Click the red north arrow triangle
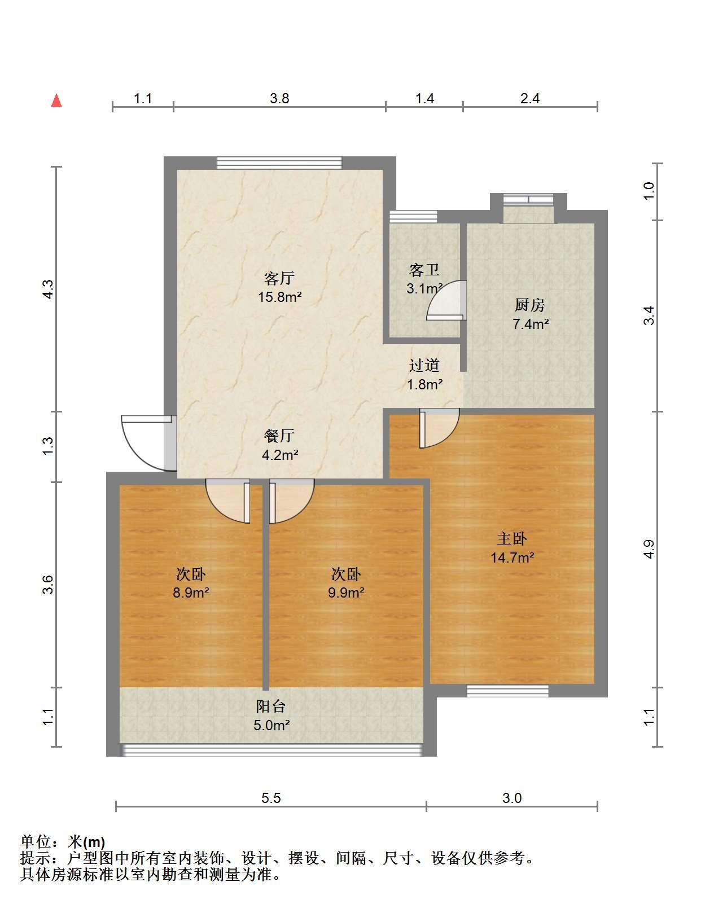pyautogui.click(x=57, y=101)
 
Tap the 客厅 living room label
pyautogui.click(x=279, y=278)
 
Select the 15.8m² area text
pyautogui.click(x=280, y=297)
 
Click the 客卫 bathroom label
pyautogui.click(x=424, y=270)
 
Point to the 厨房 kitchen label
pyautogui.click(x=530, y=305)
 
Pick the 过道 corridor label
pyautogui.click(x=424, y=365)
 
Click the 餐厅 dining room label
pyautogui.click(x=279, y=436)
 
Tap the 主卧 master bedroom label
pyautogui.click(x=512, y=539)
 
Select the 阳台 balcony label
pyautogui.click(x=271, y=706)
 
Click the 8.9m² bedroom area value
pyautogui.click(x=191, y=592)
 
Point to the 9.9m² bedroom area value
pyautogui.click(x=347, y=592)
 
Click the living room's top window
pyautogui.click(x=279, y=163)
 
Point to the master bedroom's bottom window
pyautogui.click(x=507, y=691)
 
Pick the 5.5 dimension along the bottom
pyautogui.click(x=271, y=798)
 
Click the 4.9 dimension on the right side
pyautogui.click(x=649, y=549)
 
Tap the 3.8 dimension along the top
pyautogui.click(x=279, y=98)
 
